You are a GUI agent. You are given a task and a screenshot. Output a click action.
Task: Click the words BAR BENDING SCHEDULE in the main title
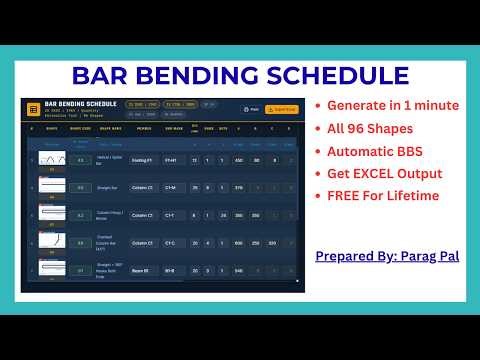pyautogui.click(x=240, y=75)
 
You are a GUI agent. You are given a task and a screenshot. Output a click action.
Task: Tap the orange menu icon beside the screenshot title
pyautogui.click(x=33, y=108)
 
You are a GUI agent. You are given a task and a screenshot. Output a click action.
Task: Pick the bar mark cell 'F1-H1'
pyautogui.click(x=173, y=160)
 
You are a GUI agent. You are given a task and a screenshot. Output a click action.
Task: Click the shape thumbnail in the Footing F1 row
pyautogui.click(x=52, y=159)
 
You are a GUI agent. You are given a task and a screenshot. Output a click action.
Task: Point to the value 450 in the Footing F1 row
pyautogui.click(x=238, y=160)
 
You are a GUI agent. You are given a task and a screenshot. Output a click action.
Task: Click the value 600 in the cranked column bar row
pyautogui.click(x=238, y=243)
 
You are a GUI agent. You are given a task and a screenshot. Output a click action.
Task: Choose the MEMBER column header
pyautogui.click(x=145, y=128)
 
